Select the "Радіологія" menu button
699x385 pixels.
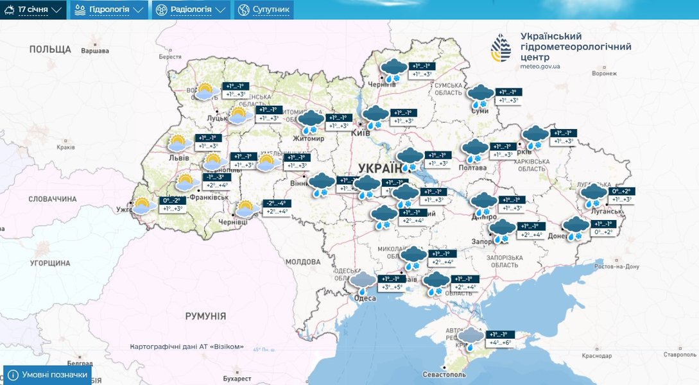point(191,10)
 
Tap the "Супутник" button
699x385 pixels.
point(264,10)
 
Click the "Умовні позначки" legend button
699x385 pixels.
point(47,375)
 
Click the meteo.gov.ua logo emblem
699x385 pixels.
point(501,51)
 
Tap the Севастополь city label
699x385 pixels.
point(444,374)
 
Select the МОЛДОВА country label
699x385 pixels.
point(302,262)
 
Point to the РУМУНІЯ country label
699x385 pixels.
point(205,316)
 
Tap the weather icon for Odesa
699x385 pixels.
point(363,281)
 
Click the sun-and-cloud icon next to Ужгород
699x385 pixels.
point(142,207)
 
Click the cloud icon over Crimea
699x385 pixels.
point(471,337)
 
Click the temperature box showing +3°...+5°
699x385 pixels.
point(393,287)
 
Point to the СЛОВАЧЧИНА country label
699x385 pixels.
point(52,199)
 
